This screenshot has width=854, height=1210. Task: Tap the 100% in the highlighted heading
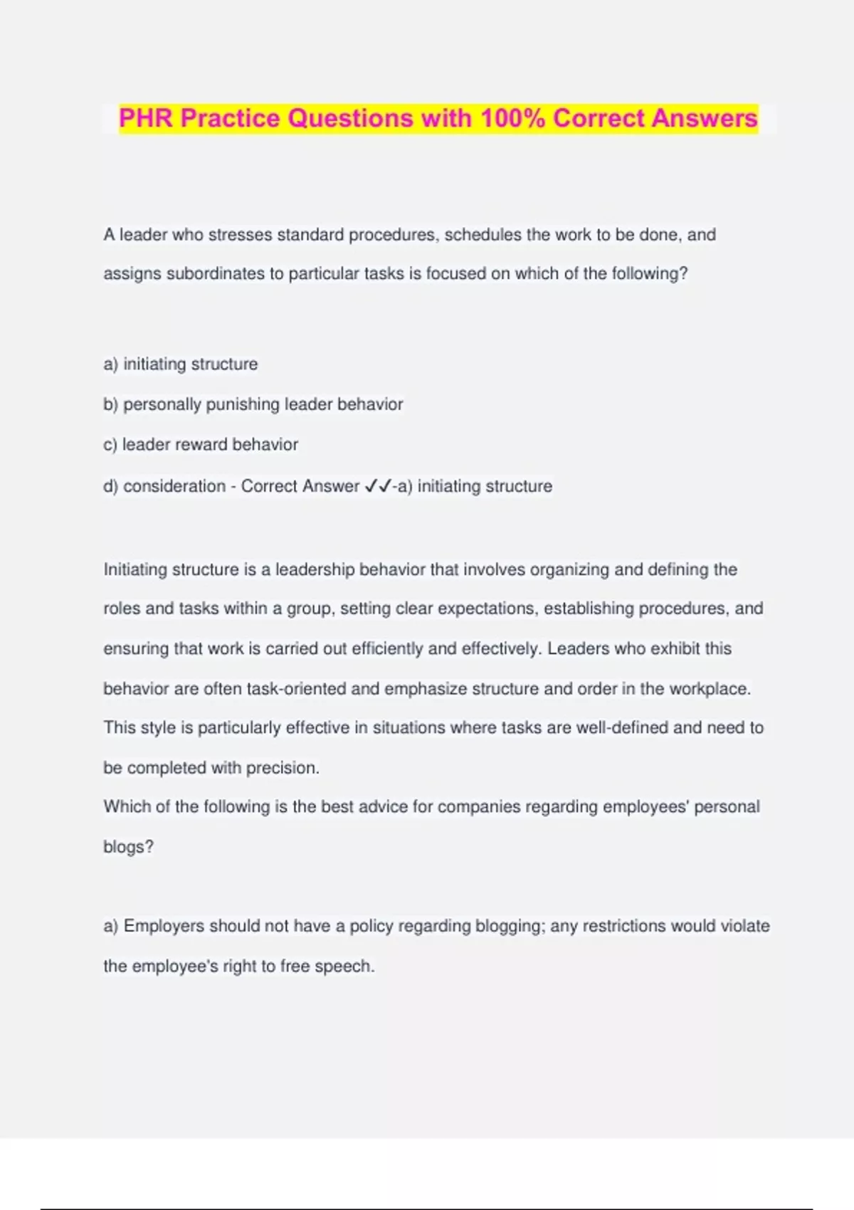512,118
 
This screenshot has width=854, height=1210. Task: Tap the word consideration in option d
174,486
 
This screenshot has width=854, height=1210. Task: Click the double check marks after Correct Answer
378,486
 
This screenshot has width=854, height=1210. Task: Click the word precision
283,768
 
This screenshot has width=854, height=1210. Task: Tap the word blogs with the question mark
128,847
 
